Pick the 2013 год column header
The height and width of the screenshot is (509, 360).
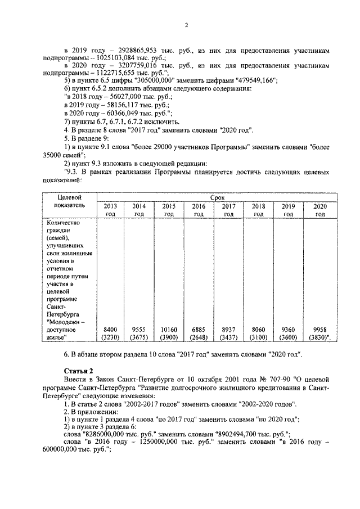click(110, 210)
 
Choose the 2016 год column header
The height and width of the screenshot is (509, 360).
click(199, 210)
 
